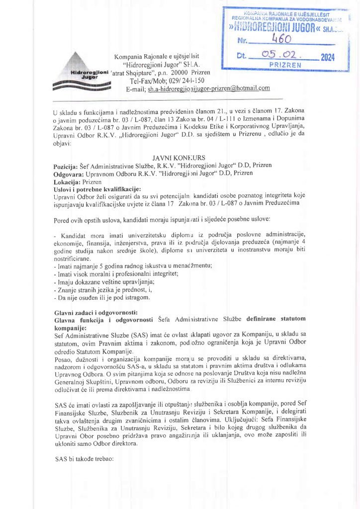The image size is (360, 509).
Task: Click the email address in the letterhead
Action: pyautogui.click(x=208, y=88)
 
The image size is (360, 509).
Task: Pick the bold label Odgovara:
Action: pyautogui.click(x=69, y=173)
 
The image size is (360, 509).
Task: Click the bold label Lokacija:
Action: pyautogui.click(x=68, y=181)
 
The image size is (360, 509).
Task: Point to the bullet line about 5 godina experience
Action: pyautogui.click(x=132, y=266)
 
